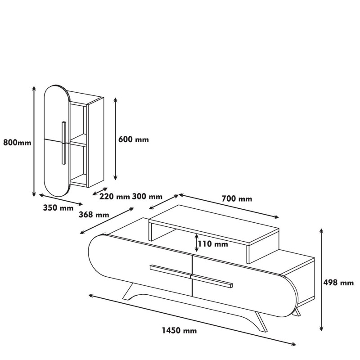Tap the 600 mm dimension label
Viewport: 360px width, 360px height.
click(133, 139)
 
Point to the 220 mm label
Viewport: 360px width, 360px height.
click(114, 197)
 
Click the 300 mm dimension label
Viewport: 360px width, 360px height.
click(147, 197)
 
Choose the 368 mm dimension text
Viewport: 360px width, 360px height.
click(94, 215)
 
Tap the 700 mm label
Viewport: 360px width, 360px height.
click(237, 198)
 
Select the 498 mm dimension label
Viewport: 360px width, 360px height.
click(339, 283)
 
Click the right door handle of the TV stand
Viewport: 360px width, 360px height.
click(211, 280)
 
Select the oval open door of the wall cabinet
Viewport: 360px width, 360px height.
click(56, 140)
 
